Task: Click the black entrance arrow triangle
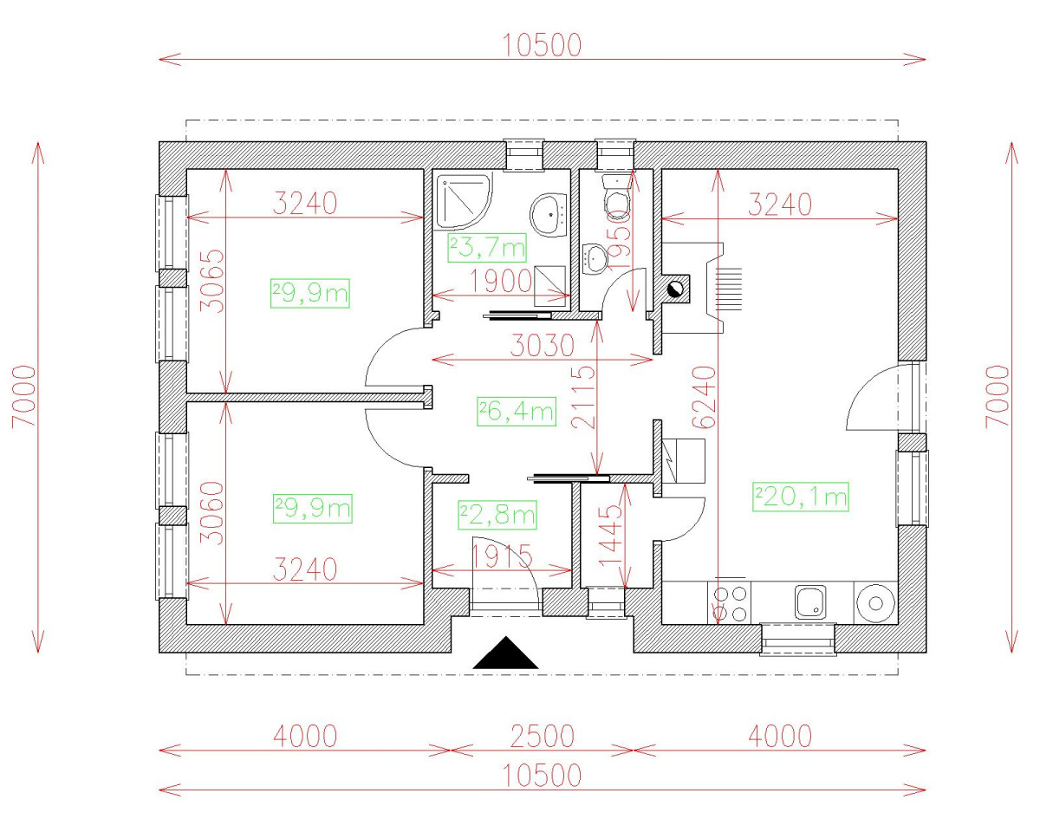[505, 653]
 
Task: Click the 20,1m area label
[800, 497]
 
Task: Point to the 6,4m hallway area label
[517, 412]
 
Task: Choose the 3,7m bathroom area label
[487, 248]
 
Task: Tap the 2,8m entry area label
[497, 515]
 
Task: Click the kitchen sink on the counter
[810, 601]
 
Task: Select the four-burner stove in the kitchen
[730, 603]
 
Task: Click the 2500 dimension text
[543, 737]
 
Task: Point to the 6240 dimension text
[704, 397]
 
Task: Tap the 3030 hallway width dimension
[543, 346]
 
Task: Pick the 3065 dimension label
[212, 281]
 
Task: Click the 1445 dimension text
[611, 536]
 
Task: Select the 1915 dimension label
[501, 556]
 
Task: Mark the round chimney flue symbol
[675, 290]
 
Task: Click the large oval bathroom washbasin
[549, 215]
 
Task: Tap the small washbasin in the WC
[595, 258]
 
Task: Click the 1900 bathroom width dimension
[501, 281]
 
